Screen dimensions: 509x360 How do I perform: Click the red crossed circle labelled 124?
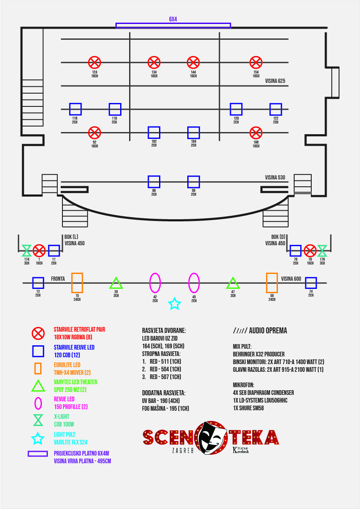coord(94,62)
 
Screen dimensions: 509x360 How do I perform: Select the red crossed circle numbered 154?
coord(256,62)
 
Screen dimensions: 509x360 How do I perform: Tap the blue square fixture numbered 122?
coord(276,109)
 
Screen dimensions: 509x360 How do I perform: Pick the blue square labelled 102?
coord(154,133)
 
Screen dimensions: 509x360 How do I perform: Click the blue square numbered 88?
coord(154,182)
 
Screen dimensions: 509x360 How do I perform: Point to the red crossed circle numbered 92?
coord(94,133)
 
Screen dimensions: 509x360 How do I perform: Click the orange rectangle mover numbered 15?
coord(77,282)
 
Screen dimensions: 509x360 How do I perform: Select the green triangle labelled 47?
coord(233,283)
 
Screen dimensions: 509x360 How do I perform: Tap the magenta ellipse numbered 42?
coord(155,282)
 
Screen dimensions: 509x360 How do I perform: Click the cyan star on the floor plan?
coord(174,304)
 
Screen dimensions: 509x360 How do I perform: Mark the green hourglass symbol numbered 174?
coord(27,250)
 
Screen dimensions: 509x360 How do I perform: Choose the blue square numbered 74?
coord(311,283)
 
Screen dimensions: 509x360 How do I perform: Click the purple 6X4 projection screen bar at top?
coord(173,26)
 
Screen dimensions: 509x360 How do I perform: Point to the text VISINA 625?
coord(275,81)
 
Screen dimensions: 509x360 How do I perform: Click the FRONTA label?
coord(58,279)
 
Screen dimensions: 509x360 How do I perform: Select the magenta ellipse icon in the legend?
coord(38,403)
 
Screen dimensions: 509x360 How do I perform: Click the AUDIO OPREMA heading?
coord(260,331)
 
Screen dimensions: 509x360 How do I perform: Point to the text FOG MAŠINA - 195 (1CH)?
coord(165,409)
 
